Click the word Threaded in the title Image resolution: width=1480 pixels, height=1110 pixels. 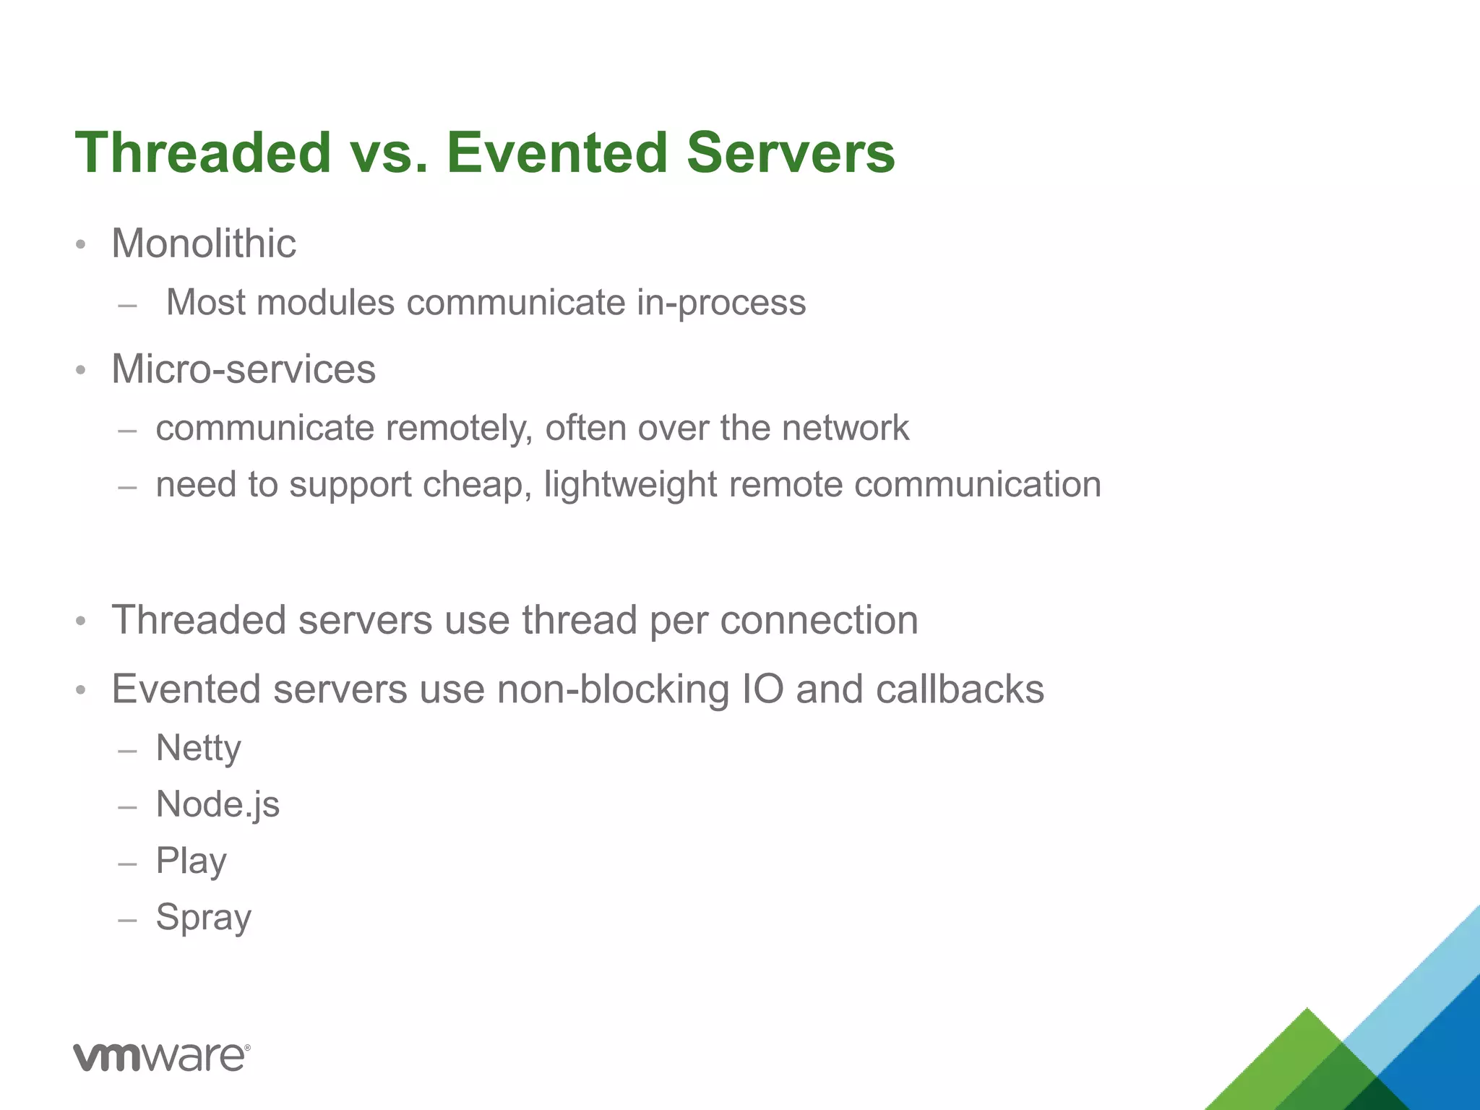click(203, 152)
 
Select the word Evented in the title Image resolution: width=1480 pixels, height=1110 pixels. click(556, 152)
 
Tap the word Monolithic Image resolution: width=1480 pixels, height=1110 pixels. click(204, 243)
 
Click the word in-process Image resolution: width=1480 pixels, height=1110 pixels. click(720, 302)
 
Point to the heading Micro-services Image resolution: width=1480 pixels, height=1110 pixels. click(244, 369)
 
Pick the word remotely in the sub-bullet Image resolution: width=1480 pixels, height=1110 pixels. click(460, 428)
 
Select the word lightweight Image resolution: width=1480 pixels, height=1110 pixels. click(630, 484)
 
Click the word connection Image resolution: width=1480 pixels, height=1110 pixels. click(819, 620)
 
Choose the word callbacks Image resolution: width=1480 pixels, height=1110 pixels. click(960, 689)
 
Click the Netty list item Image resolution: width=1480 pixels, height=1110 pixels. click(199, 748)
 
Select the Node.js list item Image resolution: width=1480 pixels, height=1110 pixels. click(218, 804)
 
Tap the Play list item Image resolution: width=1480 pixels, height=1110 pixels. click(192, 861)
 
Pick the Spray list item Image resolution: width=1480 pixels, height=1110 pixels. click(204, 918)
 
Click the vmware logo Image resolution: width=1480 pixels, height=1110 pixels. click(162, 1057)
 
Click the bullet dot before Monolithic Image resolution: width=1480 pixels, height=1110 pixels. click(81, 244)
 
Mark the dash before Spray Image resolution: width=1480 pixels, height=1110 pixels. click(127, 920)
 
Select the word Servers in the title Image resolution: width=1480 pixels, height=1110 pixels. click(791, 152)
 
